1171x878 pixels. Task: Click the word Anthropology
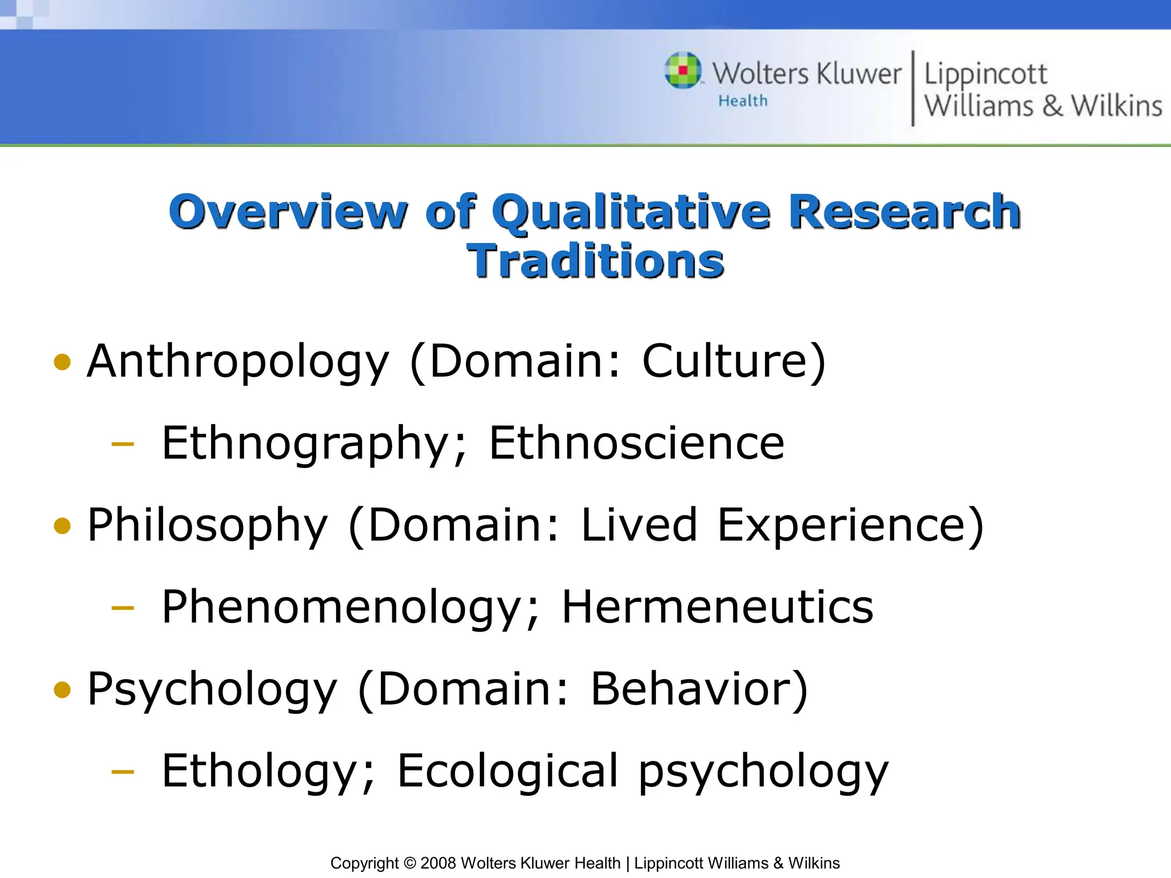pyautogui.click(x=238, y=362)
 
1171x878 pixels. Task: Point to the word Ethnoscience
pyautogui.click(x=636, y=444)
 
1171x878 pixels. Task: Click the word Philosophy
pyautogui.click(x=208, y=525)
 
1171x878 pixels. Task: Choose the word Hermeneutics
pyautogui.click(x=718, y=608)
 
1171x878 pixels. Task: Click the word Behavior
pyautogui.click(x=699, y=689)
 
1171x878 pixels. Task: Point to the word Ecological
pyautogui.click(x=508, y=771)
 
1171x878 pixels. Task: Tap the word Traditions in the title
pyautogui.click(x=595, y=261)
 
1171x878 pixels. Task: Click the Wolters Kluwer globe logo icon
pyautogui.click(x=683, y=71)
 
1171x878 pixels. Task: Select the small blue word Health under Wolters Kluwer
pyautogui.click(x=743, y=101)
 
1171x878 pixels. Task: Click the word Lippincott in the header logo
pyautogui.click(x=986, y=74)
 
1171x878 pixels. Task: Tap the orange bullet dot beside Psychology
pyautogui.click(x=62, y=689)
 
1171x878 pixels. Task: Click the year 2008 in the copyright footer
pyautogui.click(x=438, y=863)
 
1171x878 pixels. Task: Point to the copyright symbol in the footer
pyautogui.click(x=409, y=863)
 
